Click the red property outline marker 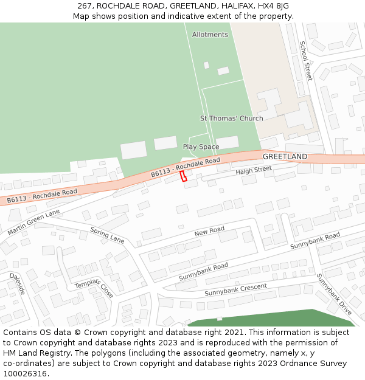point(183,176)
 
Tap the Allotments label point(210,35)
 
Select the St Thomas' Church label point(232,118)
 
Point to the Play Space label point(201,147)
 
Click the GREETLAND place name point(285,157)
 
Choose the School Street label point(305,61)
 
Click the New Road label point(209,232)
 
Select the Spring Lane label point(107,235)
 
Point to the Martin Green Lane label point(34,222)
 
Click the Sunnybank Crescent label point(235,289)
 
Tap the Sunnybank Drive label point(334,294)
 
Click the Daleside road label point(17,284)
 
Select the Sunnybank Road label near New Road point(203,272)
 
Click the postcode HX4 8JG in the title point(273,6)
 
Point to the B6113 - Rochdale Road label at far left point(42,196)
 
